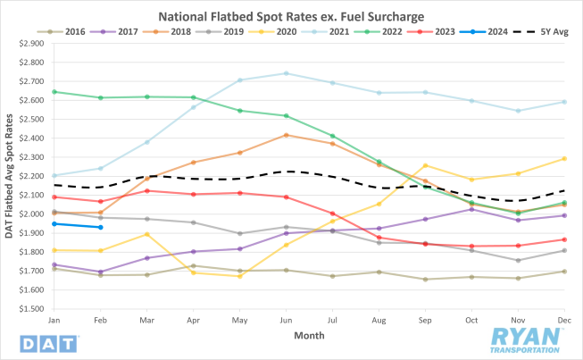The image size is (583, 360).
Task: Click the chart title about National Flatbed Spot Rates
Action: click(x=292, y=15)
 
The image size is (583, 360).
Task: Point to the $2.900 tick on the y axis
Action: click(x=30, y=43)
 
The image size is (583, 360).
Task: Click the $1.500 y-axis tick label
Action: click(x=30, y=310)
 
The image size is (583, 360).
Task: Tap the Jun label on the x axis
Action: click(x=286, y=320)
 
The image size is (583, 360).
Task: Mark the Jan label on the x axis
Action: click(x=55, y=320)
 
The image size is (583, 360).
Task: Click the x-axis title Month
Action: click(x=308, y=336)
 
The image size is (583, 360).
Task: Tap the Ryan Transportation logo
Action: click(x=527, y=339)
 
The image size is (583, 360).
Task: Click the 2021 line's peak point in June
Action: click(x=286, y=73)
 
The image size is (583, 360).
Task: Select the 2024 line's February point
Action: click(x=101, y=227)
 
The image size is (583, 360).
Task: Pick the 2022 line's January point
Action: click(x=55, y=91)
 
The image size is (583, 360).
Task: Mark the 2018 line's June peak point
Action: click(x=286, y=135)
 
